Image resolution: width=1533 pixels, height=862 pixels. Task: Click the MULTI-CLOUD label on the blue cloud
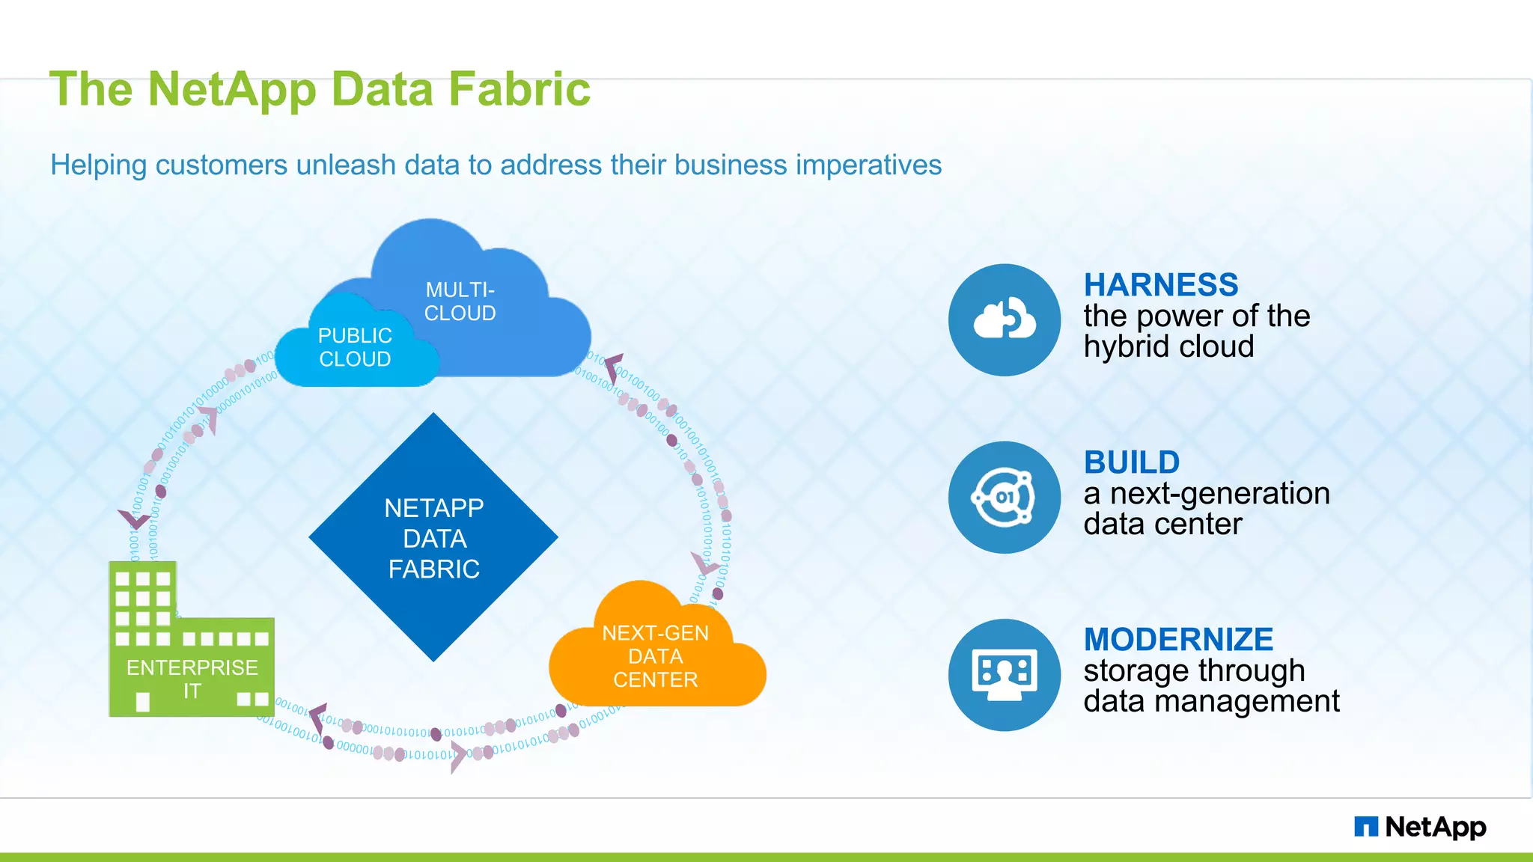click(460, 302)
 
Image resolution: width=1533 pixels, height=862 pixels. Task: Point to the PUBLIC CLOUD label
click(355, 347)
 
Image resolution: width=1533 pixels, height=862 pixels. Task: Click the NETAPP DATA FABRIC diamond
click(433, 537)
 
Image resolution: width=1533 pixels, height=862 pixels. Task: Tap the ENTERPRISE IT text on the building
click(192, 677)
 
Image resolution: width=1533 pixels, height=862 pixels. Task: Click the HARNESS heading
click(1160, 285)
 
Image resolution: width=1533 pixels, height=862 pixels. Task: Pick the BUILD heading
click(1131, 462)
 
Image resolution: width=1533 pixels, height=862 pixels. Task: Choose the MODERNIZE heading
click(1178, 640)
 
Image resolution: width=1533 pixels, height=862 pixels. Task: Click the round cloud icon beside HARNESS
click(1005, 320)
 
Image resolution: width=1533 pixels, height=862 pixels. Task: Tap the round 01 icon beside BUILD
click(1005, 498)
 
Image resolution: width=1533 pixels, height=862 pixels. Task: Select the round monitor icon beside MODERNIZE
click(1005, 675)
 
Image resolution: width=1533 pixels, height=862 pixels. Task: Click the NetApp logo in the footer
click(1420, 827)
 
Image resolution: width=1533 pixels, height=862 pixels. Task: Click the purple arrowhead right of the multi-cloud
click(613, 367)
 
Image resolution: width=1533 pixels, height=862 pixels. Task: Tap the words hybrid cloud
click(1168, 347)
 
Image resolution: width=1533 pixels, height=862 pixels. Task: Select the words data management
click(1210, 702)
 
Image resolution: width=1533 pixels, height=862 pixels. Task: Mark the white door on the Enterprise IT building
click(143, 702)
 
